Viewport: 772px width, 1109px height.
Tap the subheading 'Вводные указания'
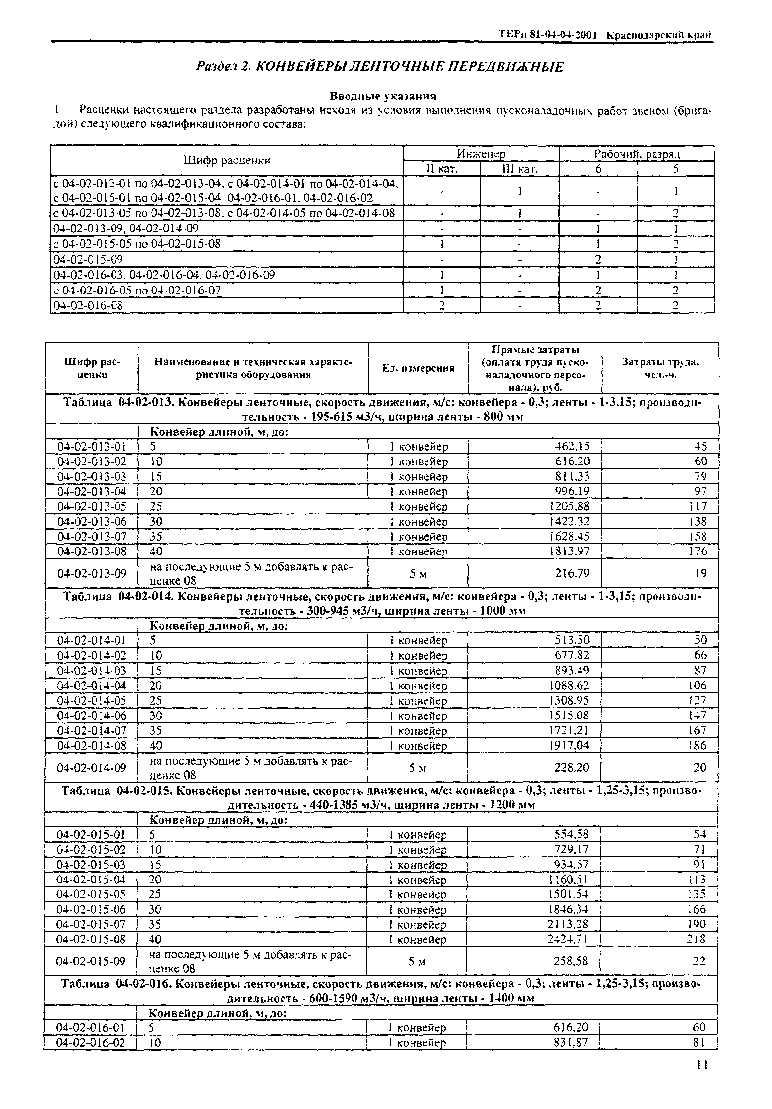coord(383,96)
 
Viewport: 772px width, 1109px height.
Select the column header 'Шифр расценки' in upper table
coord(226,161)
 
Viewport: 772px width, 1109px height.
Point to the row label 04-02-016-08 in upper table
coord(88,305)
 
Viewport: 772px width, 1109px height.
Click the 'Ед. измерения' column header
coord(418,368)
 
